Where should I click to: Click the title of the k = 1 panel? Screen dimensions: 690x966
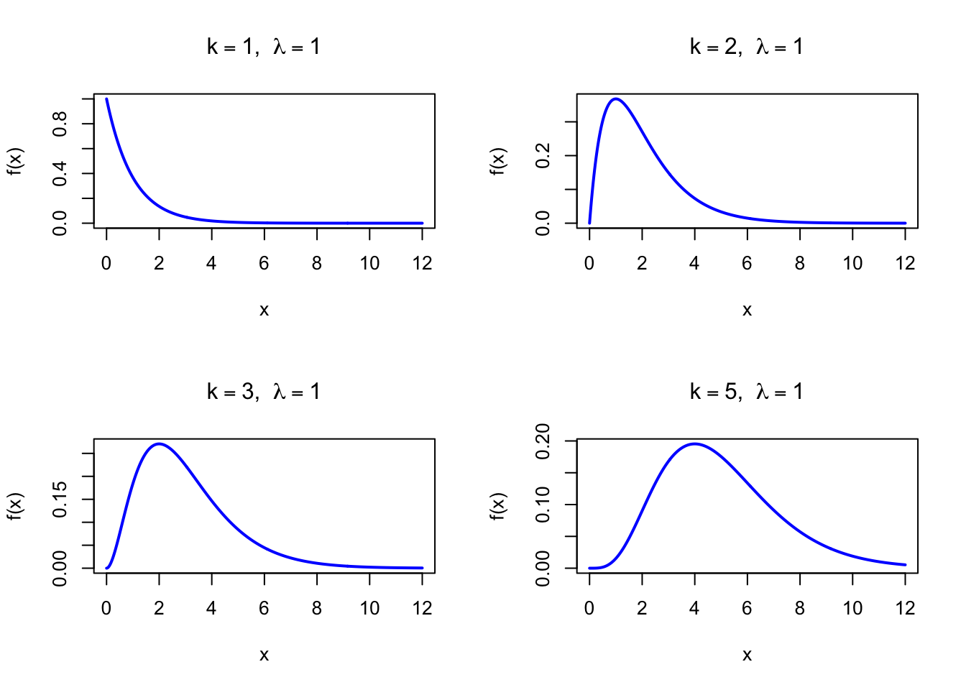(x=264, y=47)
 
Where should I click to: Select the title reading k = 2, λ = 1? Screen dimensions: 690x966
(x=747, y=47)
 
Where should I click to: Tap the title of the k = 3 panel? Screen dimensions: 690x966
(x=264, y=392)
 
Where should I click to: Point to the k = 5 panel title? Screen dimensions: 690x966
(x=747, y=392)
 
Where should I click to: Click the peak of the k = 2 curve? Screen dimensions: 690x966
(x=616, y=99)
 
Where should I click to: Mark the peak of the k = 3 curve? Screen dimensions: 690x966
(x=159, y=443)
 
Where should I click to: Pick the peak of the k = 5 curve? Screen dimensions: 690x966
(x=694, y=443)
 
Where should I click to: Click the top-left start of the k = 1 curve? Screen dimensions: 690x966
(x=106, y=99)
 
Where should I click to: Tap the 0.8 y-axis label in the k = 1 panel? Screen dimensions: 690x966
(x=60, y=124)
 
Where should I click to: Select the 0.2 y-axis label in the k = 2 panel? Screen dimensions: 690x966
(x=543, y=155)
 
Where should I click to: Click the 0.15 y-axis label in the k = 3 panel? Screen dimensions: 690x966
(x=60, y=499)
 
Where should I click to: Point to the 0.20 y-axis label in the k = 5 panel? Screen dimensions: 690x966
(x=543, y=441)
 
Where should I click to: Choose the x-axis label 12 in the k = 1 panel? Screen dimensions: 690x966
(x=423, y=264)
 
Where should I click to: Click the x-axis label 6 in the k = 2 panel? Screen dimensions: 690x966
(x=747, y=264)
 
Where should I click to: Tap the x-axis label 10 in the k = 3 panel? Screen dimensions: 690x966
(x=369, y=609)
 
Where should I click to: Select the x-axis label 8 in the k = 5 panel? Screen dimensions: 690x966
(x=800, y=609)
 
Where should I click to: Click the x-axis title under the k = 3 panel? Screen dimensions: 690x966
(x=264, y=655)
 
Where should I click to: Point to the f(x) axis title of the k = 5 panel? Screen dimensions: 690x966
(x=498, y=506)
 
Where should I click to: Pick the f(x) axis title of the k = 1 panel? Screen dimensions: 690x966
(x=15, y=161)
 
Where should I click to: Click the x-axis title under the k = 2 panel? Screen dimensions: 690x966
(x=747, y=310)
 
